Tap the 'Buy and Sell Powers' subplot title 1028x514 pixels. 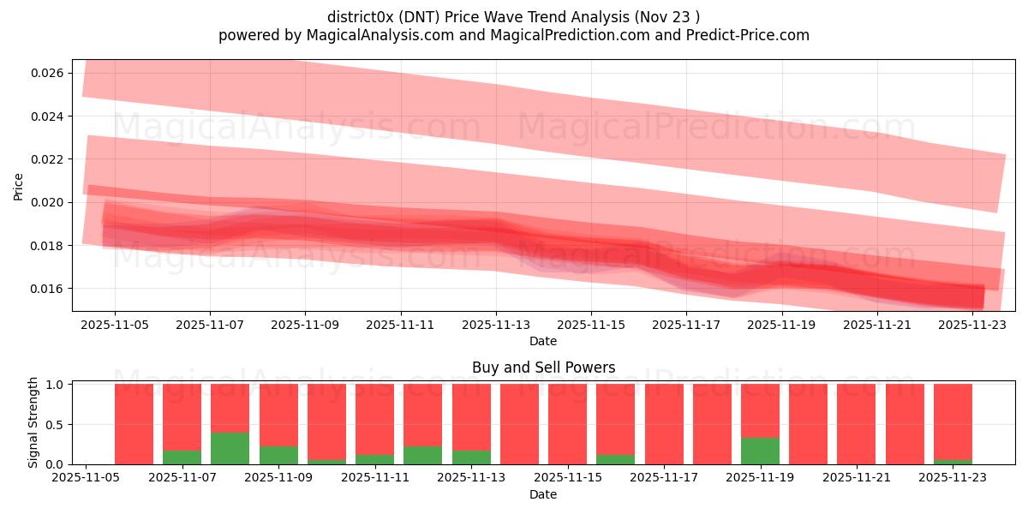pos(543,368)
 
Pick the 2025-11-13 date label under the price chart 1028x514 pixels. pos(496,326)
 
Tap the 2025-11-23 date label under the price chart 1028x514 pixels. pos(972,326)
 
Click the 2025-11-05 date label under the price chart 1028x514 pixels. pos(115,326)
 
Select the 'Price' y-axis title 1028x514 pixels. pos(19,186)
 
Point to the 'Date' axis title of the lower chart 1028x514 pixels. pos(543,494)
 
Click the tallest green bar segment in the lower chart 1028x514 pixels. pos(230,448)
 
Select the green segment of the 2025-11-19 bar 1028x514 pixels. pos(760,451)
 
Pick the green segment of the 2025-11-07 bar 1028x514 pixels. pos(182,457)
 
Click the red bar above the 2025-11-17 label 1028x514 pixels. pos(664,424)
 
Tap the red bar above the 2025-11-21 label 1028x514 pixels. pos(856,424)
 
